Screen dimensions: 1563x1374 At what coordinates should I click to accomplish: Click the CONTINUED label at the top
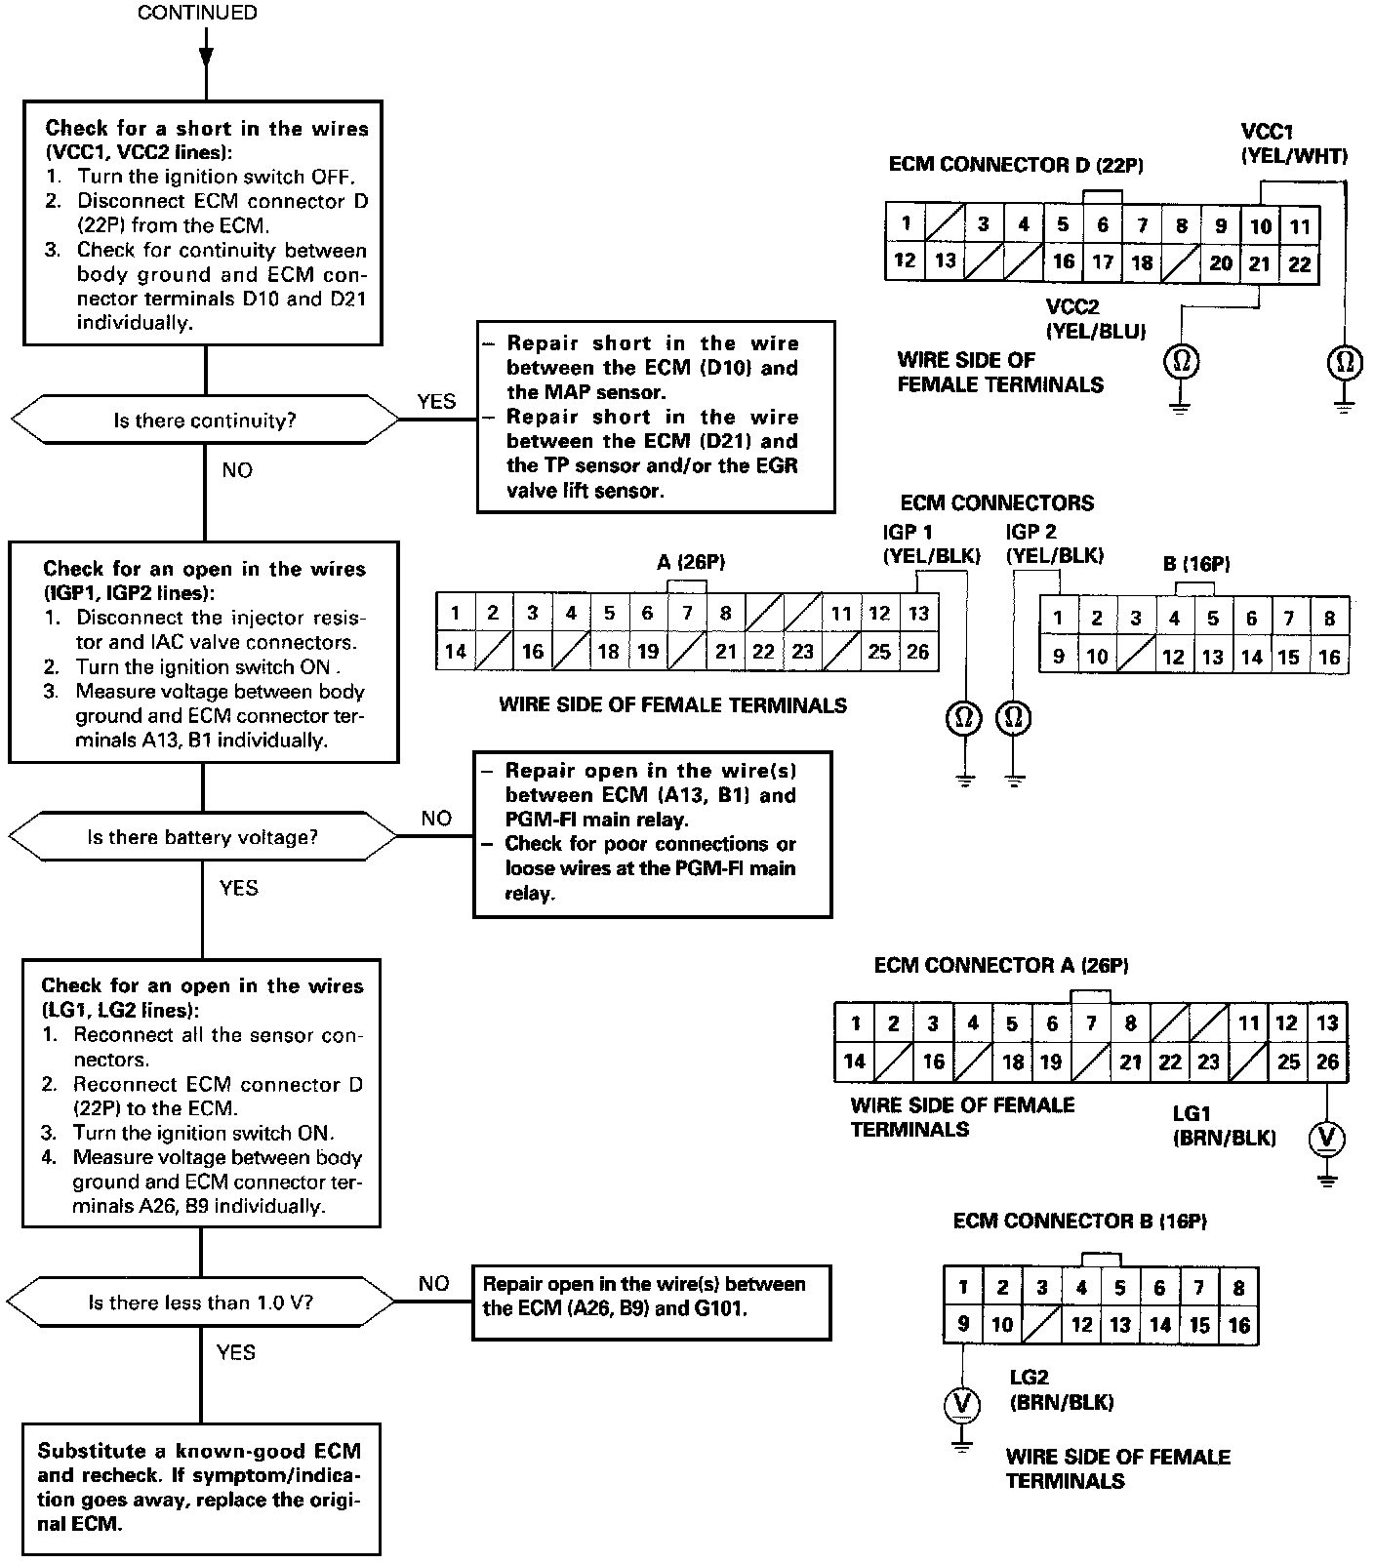(197, 13)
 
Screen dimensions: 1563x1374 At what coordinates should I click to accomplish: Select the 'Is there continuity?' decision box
(205, 421)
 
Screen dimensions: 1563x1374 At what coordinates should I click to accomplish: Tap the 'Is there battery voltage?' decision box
(203, 837)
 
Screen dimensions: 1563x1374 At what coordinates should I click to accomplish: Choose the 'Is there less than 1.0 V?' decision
(201, 1302)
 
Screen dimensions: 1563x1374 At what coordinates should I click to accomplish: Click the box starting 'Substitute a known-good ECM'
(202, 1487)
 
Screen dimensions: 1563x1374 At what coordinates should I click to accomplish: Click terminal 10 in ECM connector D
(1260, 226)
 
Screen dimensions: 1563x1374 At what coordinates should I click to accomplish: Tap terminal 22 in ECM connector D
(1300, 264)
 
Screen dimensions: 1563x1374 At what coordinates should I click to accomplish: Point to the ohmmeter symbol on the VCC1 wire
(1344, 363)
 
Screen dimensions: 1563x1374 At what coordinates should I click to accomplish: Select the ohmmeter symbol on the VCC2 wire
(1181, 362)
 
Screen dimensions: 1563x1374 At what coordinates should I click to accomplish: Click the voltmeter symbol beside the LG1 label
(1326, 1138)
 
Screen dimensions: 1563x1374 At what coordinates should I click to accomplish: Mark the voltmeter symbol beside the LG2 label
(963, 1404)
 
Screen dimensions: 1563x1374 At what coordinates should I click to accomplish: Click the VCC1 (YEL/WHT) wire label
(1293, 143)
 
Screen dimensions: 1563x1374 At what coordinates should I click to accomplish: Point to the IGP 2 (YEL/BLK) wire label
(1054, 543)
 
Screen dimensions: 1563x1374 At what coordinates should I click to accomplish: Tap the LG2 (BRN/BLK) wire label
(1062, 1390)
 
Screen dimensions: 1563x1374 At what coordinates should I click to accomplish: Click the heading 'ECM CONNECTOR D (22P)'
(1016, 165)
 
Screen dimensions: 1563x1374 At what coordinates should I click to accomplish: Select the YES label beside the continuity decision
(436, 402)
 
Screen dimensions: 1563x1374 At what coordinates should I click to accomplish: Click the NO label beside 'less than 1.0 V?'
(434, 1284)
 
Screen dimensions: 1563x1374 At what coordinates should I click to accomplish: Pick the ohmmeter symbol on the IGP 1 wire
(963, 718)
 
